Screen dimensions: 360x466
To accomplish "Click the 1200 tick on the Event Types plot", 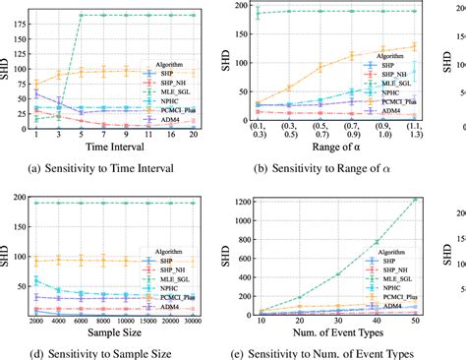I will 237,201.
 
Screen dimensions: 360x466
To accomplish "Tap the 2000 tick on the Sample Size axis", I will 36,320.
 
